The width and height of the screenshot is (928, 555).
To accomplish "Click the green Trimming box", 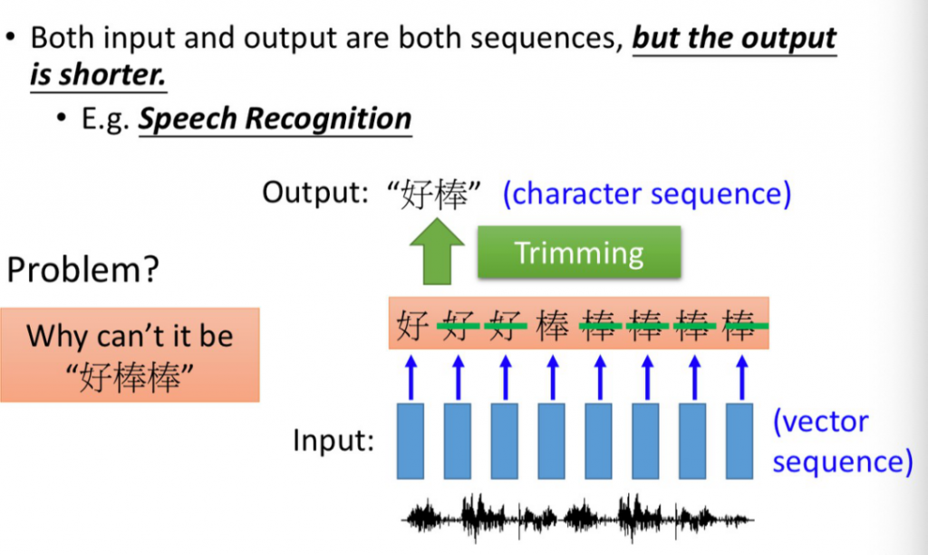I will click(x=578, y=253).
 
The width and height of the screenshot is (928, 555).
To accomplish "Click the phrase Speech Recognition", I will click(x=275, y=119).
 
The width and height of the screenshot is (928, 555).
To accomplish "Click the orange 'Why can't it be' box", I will click(x=130, y=354).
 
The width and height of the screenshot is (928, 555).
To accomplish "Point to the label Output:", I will click(x=316, y=193).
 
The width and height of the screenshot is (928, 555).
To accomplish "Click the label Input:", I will click(x=333, y=441).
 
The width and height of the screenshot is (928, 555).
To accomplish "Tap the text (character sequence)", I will click(x=647, y=193).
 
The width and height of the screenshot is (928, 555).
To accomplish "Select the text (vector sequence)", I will click(x=842, y=441).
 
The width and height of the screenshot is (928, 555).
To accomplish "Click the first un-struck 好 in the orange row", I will click(x=411, y=324).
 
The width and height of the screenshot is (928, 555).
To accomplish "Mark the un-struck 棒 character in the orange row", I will click(x=552, y=324).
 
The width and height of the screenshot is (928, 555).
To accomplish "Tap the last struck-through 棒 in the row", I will click(x=740, y=324).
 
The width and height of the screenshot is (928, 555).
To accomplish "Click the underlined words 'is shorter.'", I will click(x=98, y=74).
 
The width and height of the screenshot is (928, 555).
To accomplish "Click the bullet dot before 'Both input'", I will click(x=12, y=39).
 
